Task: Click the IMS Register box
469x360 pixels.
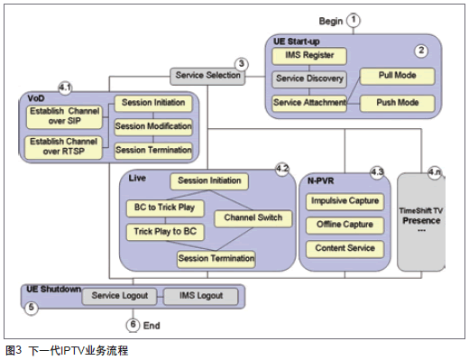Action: click(309, 56)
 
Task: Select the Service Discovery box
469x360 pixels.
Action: click(309, 79)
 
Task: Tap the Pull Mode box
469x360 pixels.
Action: click(397, 76)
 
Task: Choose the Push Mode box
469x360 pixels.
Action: click(397, 103)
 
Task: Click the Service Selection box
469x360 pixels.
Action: click(207, 76)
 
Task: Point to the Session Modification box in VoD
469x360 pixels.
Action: click(153, 126)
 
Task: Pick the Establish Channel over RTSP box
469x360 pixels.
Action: click(64, 147)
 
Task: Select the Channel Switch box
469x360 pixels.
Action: click(253, 218)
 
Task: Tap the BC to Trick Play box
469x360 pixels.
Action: click(165, 208)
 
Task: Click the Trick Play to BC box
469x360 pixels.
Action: click(165, 232)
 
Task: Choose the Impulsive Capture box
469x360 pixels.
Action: click(345, 201)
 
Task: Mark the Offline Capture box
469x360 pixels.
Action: click(345, 226)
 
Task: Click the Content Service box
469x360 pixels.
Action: click(345, 249)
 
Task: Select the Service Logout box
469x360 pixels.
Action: click(119, 296)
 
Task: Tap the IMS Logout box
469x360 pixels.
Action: click(201, 296)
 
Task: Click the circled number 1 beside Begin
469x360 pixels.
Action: click(354, 20)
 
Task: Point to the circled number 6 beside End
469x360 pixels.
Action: click(133, 325)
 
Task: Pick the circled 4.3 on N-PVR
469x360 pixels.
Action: click(377, 172)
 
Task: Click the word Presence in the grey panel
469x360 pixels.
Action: click(421, 221)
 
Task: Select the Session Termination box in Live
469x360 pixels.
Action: click(216, 259)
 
